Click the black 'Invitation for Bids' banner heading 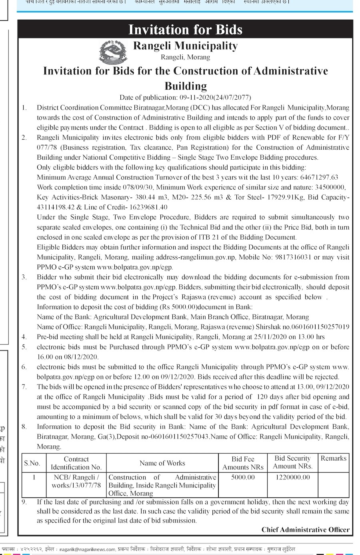(185, 30)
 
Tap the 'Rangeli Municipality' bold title (185, 46)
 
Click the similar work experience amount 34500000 (328, 187)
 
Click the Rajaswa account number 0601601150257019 (320, 327)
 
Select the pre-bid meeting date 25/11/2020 (273, 337)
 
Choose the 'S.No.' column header (32, 463)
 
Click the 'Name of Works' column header (162, 463)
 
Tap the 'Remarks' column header (333, 459)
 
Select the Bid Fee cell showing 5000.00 (243, 477)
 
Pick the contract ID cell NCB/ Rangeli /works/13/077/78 (76, 481)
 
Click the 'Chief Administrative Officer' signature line (305, 530)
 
